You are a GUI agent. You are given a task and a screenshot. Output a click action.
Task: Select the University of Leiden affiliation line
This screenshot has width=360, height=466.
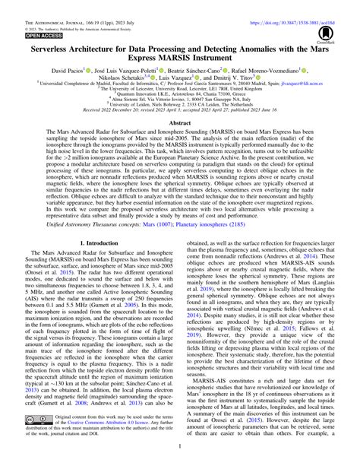point(179,114)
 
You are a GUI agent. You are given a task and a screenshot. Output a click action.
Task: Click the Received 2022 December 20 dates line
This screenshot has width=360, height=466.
point(179,119)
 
